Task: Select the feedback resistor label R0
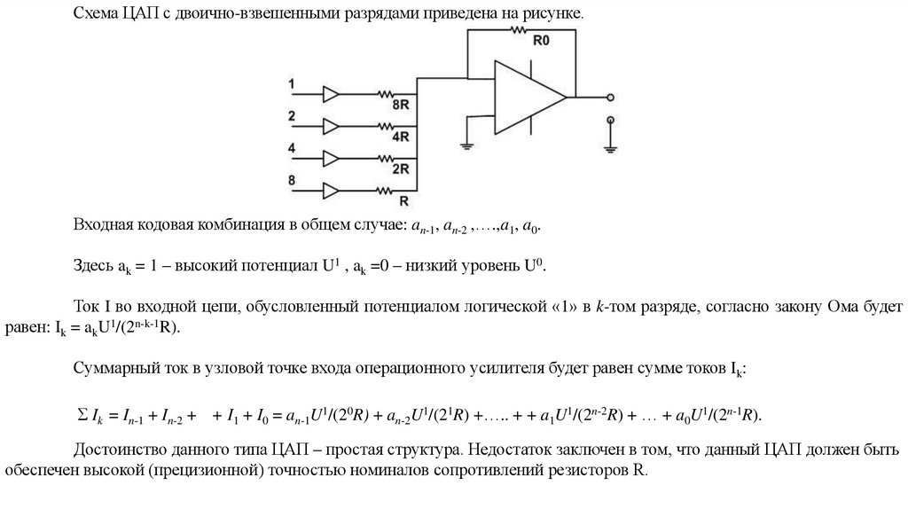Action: (541, 41)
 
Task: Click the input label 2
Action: (292, 115)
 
